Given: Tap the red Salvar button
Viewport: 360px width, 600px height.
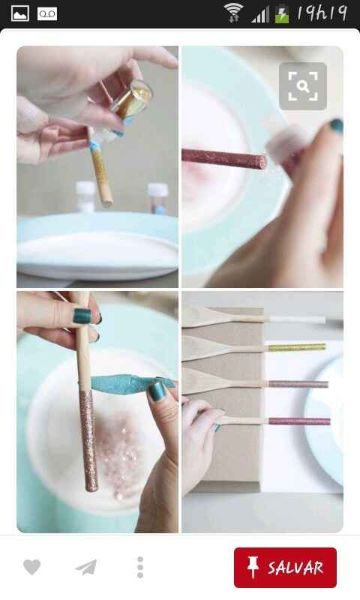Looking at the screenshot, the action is point(285,567).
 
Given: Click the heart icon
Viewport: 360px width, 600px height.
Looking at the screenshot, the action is point(31,567).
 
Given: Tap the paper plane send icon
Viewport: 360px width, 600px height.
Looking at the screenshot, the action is point(86,567).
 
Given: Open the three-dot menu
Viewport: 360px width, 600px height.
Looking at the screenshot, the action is point(140,567).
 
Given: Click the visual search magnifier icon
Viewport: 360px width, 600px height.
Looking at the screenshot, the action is point(302,86).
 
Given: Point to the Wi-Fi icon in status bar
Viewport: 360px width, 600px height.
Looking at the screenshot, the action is point(233,13).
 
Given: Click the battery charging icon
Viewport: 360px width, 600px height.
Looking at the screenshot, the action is point(282,13).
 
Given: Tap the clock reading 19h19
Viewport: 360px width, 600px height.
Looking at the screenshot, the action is point(322,13).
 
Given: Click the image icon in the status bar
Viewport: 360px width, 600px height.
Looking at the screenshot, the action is point(20,13).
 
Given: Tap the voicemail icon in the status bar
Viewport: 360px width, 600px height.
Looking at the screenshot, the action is point(47,13).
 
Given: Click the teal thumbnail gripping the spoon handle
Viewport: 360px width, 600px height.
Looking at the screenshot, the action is point(82,316).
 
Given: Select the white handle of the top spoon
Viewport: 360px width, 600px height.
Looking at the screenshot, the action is point(297,319).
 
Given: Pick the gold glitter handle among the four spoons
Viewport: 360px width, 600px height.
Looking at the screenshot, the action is point(296,347).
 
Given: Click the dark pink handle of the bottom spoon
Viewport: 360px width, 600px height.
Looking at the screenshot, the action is point(299,421).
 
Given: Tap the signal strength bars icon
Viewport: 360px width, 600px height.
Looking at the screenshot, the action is point(260,15).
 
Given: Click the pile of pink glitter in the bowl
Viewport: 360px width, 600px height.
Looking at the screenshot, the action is point(118,454).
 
